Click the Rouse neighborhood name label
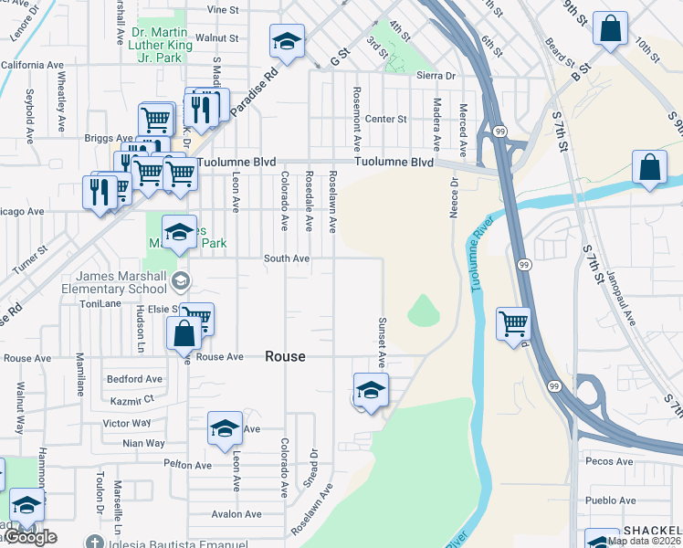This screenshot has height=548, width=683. [285, 357]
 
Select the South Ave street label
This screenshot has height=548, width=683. [287, 258]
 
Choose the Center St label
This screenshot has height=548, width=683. [385, 119]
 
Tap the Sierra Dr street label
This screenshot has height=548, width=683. [436, 77]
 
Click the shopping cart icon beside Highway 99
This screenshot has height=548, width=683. [513, 323]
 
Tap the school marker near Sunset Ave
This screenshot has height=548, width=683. [371, 389]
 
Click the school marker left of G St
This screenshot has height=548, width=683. [287, 42]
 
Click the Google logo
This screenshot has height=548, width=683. [29, 537]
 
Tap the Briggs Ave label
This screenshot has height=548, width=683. [108, 139]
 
